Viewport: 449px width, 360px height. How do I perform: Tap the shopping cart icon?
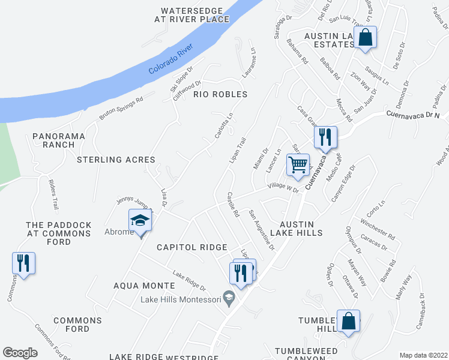[298, 164]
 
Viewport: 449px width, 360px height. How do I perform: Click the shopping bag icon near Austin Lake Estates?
[365, 38]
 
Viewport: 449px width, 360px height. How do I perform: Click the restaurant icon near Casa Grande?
[325, 137]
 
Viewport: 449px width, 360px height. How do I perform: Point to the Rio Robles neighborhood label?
[220, 94]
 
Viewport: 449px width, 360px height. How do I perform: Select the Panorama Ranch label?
[59, 140]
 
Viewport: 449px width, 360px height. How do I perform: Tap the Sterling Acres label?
[116, 160]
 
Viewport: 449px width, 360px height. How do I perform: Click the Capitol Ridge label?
[191, 247]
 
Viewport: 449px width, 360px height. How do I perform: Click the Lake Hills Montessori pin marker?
[228, 297]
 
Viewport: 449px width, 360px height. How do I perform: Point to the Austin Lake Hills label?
[297, 227]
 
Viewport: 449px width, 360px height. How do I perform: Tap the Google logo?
[20, 353]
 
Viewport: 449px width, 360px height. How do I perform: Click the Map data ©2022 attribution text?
[423, 355]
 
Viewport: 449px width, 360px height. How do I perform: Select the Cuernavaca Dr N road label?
[413, 113]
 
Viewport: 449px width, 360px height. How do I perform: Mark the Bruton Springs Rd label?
[121, 108]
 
